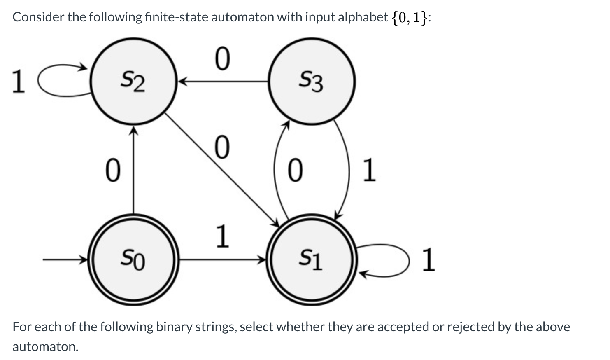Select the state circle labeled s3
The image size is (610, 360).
pos(312,81)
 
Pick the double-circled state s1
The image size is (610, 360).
pos(312,259)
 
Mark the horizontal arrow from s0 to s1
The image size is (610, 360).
pos(222,259)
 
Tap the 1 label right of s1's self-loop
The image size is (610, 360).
pos(428,260)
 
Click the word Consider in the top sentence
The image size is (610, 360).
pos(36,17)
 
